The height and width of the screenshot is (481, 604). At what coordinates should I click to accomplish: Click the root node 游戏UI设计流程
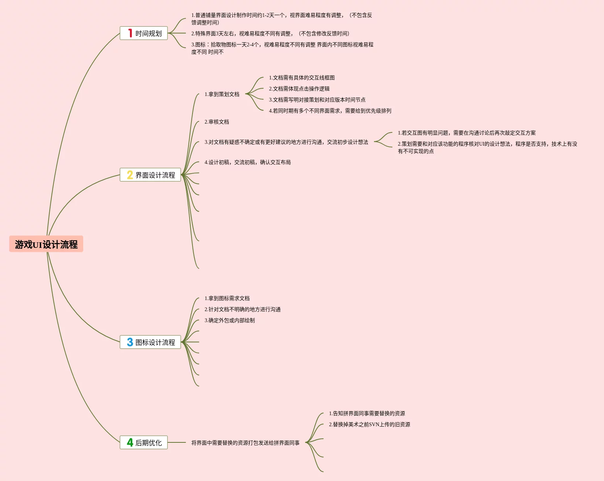pos(46,244)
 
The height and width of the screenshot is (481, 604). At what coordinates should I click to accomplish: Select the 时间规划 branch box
pos(144,33)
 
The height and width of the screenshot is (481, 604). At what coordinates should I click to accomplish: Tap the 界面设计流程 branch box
pos(150,175)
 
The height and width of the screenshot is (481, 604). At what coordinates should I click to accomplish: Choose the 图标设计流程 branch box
pos(150,342)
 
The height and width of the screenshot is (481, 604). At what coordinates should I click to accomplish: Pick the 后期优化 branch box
pos(144,443)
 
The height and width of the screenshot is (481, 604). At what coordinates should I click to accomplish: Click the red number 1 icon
pos(130,33)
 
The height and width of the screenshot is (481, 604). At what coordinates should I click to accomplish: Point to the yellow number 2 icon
pos(130,175)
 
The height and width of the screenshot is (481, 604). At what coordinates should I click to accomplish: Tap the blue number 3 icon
pos(130,342)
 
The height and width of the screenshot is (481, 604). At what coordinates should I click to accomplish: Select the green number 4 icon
pos(130,442)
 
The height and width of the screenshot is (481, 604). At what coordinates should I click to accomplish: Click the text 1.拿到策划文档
pos(222,95)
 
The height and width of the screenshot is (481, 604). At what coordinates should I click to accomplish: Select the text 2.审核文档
pos(217,122)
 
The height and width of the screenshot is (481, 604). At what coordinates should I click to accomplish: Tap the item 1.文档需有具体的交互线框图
pos(302,78)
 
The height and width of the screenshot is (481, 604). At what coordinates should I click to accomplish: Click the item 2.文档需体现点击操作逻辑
pos(299,89)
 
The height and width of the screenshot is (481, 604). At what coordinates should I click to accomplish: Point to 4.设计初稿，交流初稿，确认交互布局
pos(248,163)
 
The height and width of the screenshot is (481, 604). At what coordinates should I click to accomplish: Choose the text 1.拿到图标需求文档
pos(227,299)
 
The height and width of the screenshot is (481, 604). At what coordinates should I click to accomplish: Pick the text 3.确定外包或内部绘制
pos(230,321)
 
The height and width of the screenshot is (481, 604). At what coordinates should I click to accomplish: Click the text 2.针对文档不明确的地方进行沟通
pos(243,310)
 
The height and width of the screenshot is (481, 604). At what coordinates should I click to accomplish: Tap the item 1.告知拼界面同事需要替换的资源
pos(367,414)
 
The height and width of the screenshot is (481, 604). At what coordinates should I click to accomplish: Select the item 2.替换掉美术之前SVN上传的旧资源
pos(370,425)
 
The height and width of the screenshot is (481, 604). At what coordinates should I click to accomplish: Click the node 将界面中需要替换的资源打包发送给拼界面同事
pos(246,443)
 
